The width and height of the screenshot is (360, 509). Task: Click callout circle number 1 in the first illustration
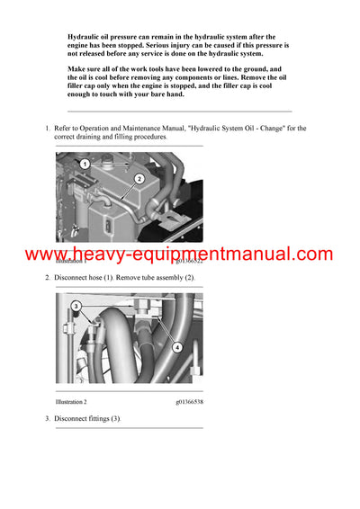[84, 165]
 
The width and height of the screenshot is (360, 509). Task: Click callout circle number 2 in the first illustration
[140, 179]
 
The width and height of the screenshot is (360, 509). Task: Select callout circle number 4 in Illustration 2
[176, 347]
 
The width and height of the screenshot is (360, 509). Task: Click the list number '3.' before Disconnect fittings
[48, 419]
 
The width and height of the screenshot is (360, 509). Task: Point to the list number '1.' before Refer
[48, 129]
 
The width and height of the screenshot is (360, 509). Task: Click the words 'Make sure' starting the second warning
[84, 68]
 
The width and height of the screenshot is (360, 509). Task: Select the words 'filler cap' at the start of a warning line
[85, 91]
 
